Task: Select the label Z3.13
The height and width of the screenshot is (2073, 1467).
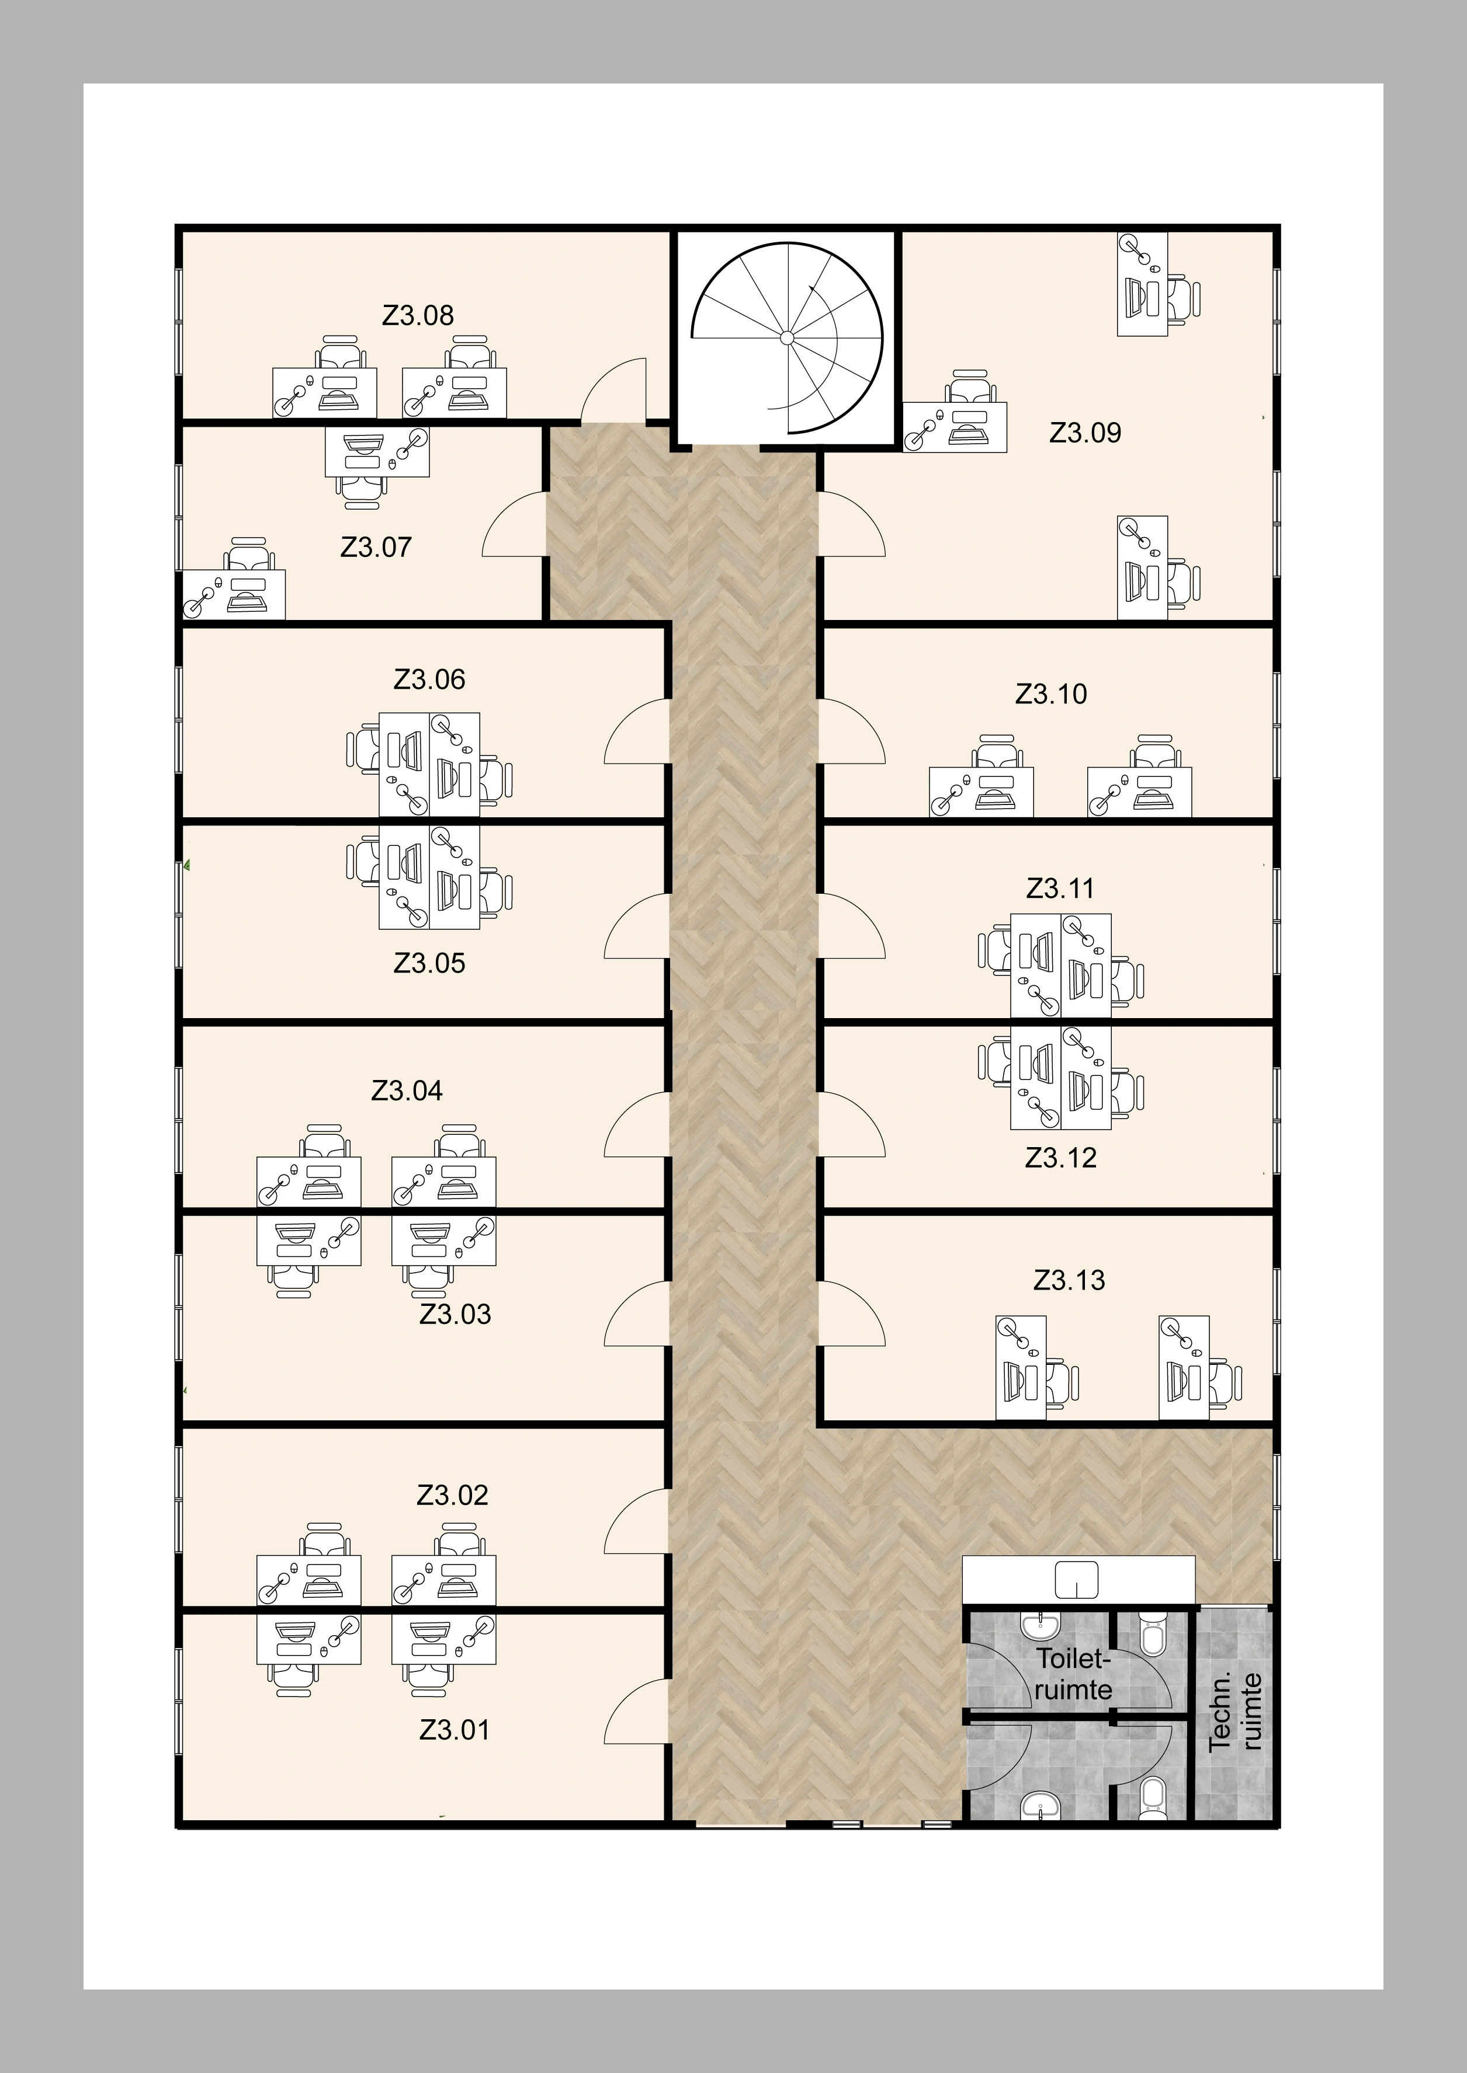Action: (1069, 1280)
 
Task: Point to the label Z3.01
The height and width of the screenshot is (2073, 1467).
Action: (455, 1730)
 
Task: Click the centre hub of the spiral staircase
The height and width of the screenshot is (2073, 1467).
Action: (787, 337)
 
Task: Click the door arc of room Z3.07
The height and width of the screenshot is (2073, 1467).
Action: (513, 525)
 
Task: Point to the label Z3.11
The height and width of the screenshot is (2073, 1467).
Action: (1060, 889)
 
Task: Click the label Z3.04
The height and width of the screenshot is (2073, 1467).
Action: (407, 1090)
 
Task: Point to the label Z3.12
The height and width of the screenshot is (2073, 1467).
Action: (1060, 1158)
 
